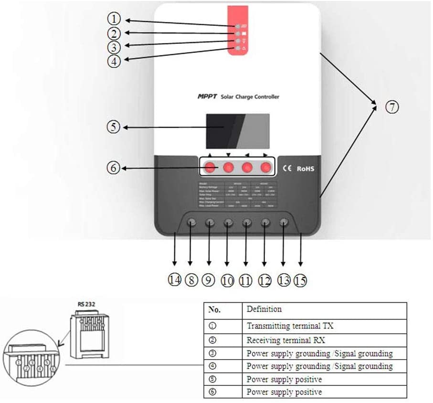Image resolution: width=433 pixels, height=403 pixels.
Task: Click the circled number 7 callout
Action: (391, 107)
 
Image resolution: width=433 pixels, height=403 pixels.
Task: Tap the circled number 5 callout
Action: (113, 128)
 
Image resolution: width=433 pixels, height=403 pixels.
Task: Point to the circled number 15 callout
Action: (300, 281)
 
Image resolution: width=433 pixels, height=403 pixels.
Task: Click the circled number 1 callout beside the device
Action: (113, 19)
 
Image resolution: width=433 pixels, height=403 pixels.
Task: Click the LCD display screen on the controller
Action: (237, 131)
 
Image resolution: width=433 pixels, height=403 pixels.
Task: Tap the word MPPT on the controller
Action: (207, 96)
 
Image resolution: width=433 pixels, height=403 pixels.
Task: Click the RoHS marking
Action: (305, 169)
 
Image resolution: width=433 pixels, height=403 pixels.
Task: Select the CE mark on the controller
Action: (288, 169)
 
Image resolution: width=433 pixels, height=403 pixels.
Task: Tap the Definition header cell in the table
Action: (264, 309)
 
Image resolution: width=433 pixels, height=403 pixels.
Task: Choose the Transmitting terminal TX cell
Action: (290, 326)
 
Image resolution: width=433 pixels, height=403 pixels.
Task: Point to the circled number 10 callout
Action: (227, 281)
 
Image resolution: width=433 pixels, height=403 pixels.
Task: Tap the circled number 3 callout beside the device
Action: (113, 47)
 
